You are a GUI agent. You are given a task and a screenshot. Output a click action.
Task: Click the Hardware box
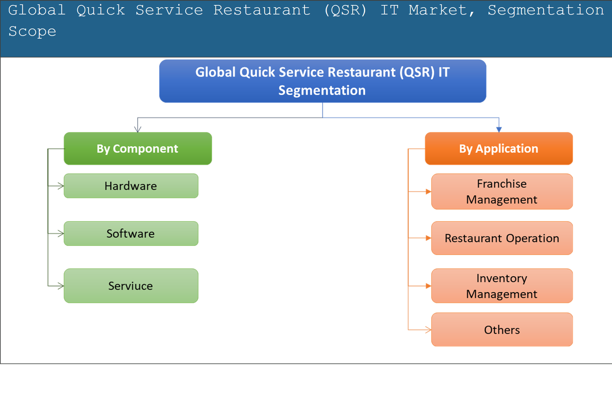(x=131, y=186)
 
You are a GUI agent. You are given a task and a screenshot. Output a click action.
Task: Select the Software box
(x=131, y=233)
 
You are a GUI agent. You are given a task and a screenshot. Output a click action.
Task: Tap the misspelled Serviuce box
(x=131, y=286)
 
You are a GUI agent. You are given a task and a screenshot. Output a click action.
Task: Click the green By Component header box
(x=138, y=148)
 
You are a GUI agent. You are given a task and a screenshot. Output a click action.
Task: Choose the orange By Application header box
(x=498, y=148)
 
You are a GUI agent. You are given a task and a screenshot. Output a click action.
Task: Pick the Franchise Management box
(x=502, y=192)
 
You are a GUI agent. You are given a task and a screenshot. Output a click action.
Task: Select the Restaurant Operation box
(x=502, y=238)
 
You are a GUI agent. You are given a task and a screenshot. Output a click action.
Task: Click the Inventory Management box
(x=502, y=286)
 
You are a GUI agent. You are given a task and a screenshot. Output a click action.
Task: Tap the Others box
(x=502, y=330)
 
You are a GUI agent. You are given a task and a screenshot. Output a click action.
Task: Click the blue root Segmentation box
(x=323, y=81)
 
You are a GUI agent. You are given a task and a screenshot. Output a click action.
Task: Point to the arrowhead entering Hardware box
(x=60, y=186)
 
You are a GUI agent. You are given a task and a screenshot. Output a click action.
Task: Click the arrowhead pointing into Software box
(x=60, y=233)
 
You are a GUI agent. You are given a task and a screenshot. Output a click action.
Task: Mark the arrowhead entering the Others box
(x=428, y=329)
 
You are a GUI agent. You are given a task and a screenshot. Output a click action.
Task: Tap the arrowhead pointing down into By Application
(x=498, y=129)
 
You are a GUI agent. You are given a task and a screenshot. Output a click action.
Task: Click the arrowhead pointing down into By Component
(x=138, y=129)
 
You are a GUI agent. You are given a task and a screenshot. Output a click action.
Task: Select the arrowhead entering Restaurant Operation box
(x=428, y=238)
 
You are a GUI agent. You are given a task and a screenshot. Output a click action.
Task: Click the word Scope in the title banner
(x=33, y=31)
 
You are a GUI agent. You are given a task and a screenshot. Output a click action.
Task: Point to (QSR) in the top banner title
(x=345, y=10)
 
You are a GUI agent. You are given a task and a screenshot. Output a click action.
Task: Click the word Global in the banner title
(x=37, y=10)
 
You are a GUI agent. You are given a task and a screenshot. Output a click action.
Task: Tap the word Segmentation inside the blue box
(x=322, y=90)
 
